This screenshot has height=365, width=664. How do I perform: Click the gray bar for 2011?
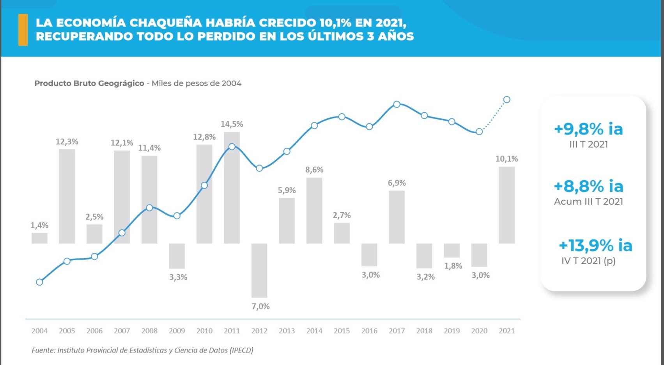[x=232, y=195]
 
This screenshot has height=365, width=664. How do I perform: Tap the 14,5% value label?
[x=232, y=124]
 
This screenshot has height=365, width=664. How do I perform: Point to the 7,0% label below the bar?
[x=260, y=307]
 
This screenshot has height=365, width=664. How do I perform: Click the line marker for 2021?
[x=506, y=100]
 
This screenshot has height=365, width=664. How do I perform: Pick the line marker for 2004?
[x=39, y=282]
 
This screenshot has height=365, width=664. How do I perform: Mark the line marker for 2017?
[x=397, y=104]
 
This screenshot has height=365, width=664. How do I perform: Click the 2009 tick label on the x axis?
[x=177, y=331]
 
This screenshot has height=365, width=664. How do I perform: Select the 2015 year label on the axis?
[x=342, y=331]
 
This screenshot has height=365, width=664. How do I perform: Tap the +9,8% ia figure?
[x=588, y=129]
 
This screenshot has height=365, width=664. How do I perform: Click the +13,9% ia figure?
[x=595, y=246]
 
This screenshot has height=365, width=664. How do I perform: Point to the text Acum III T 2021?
[x=588, y=202]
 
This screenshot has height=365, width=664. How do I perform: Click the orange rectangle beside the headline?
[x=23, y=30]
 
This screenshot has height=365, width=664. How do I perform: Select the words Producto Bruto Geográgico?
[x=89, y=83]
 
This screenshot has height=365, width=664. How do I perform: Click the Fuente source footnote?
[x=142, y=350]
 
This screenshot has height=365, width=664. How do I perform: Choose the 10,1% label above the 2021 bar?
[x=506, y=159]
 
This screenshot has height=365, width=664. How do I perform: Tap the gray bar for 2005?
[x=67, y=196]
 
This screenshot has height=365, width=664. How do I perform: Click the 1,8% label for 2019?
[x=453, y=266]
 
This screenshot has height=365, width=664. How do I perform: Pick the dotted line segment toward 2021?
[x=494, y=116]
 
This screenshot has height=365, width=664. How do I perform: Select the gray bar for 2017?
[x=397, y=217]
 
